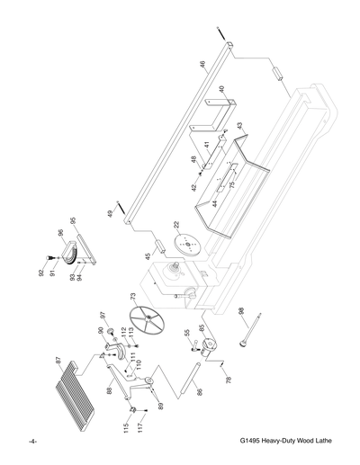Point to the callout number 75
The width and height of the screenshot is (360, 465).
point(232,186)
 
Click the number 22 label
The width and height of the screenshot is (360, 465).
point(176,225)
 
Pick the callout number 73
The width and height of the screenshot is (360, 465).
point(132,295)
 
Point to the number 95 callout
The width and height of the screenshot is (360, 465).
point(73,220)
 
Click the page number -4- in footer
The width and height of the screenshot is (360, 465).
point(32,442)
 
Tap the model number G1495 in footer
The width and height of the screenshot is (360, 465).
point(255,442)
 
